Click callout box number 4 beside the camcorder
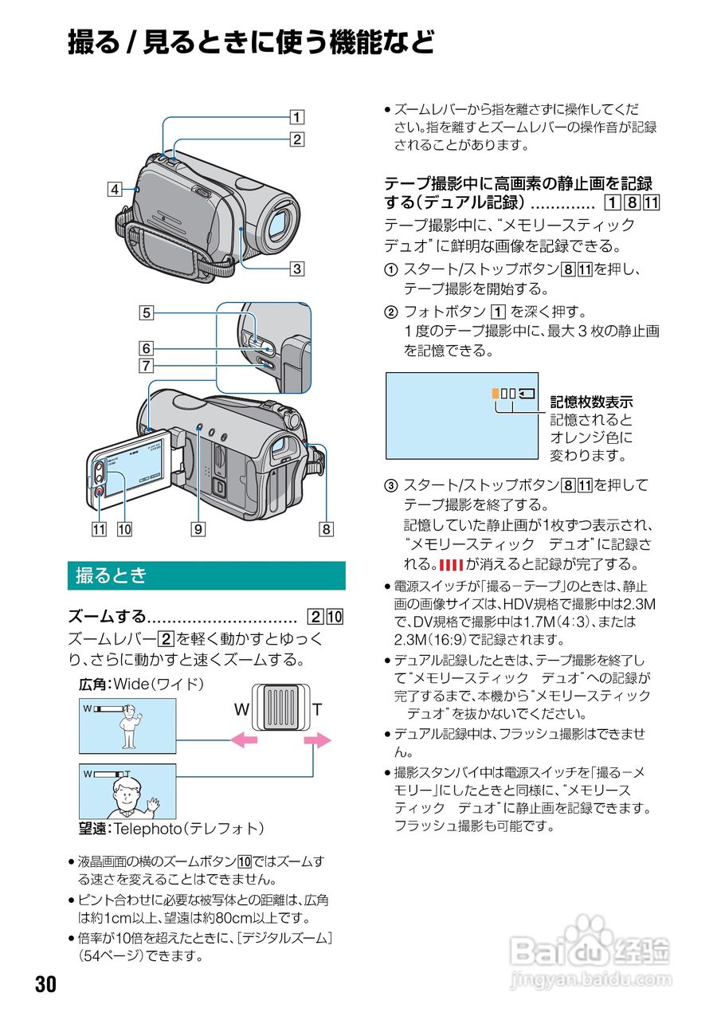tap(116, 190)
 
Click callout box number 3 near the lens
tap(296, 269)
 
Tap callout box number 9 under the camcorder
tap(197, 527)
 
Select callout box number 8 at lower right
tap(326, 527)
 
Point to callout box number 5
tap(147, 313)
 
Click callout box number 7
tap(147, 367)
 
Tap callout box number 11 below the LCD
tap(99, 527)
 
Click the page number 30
tap(45, 985)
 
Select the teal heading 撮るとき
tap(111, 575)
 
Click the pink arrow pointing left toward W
tap(244, 741)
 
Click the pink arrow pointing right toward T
tap(317, 741)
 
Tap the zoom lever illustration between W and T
tap(280, 708)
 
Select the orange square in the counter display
tap(495, 393)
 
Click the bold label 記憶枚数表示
tap(591, 402)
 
